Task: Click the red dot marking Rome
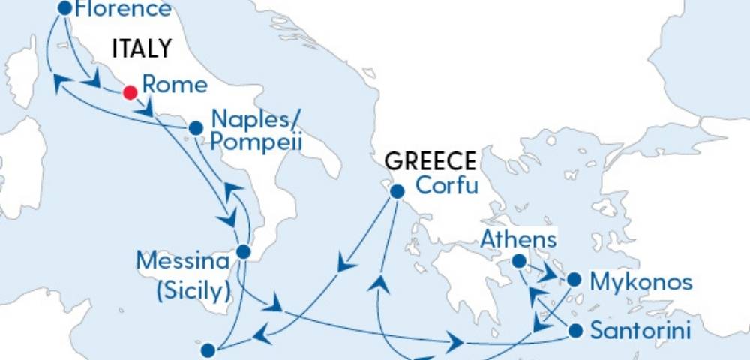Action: click(x=130, y=92)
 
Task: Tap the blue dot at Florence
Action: click(x=64, y=8)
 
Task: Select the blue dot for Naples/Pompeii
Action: click(x=196, y=128)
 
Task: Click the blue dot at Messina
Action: click(x=243, y=252)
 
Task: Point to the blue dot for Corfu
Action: click(x=397, y=192)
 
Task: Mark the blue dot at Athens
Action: click(x=518, y=262)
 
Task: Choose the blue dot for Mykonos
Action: click(x=574, y=280)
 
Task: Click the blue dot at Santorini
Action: click(x=576, y=330)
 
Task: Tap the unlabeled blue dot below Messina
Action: click(x=208, y=349)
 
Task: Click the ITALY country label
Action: click(x=142, y=49)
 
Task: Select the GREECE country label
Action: click(x=430, y=161)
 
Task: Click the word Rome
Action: click(x=175, y=85)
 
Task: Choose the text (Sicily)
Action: click(x=193, y=290)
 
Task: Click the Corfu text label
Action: click(x=446, y=185)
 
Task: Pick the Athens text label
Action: click(x=519, y=240)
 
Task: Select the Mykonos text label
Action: click(x=640, y=283)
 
